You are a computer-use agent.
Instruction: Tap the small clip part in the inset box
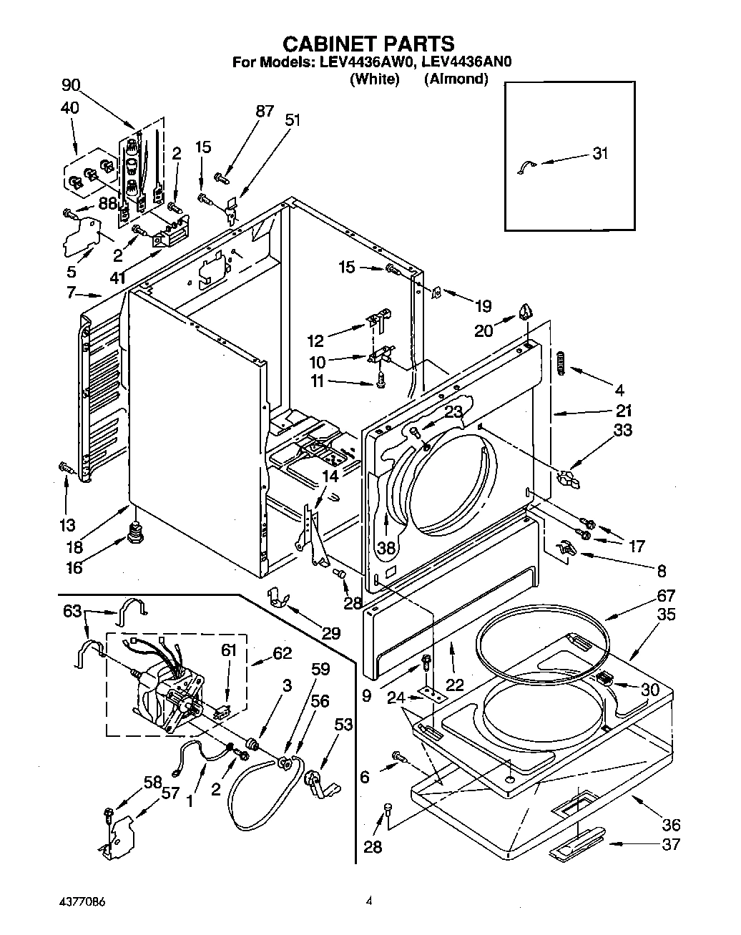pos(524,167)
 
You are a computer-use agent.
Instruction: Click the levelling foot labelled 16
pos(134,534)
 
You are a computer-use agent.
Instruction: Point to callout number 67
pos(665,596)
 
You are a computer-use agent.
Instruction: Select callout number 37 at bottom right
pos(670,844)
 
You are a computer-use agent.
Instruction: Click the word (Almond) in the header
pos(456,79)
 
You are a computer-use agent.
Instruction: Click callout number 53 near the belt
pos(344,725)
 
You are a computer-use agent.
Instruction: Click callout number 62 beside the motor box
pos(283,652)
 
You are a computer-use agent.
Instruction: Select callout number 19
pos(484,306)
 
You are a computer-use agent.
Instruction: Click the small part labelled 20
pos(526,310)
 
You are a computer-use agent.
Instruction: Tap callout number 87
pos(265,111)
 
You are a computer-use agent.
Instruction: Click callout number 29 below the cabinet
pos(330,632)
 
